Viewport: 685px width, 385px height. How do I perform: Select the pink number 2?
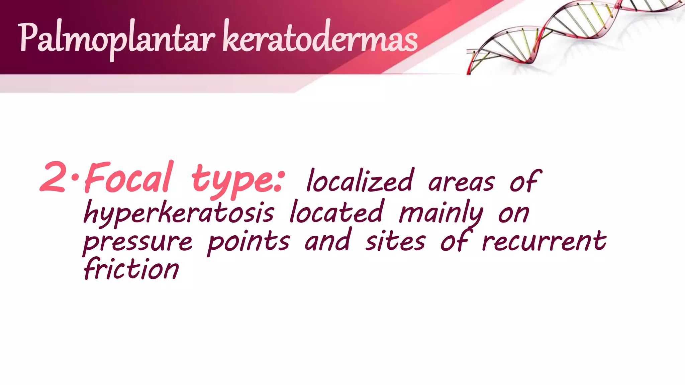(x=53, y=177)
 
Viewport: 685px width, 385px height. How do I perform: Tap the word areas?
(x=461, y=183)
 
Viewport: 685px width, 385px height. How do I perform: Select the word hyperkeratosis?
(x=179, y=213)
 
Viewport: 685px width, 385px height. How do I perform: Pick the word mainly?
(x=441, y=213)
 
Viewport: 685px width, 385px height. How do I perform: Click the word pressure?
(x=138, y=242)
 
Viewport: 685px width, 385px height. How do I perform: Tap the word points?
(x=248, y=242)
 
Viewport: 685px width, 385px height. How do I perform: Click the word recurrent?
(x=544, y=241)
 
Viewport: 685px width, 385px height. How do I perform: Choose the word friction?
(x=131, y=269)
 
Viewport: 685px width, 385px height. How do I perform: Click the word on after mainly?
(x=514, y=214)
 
